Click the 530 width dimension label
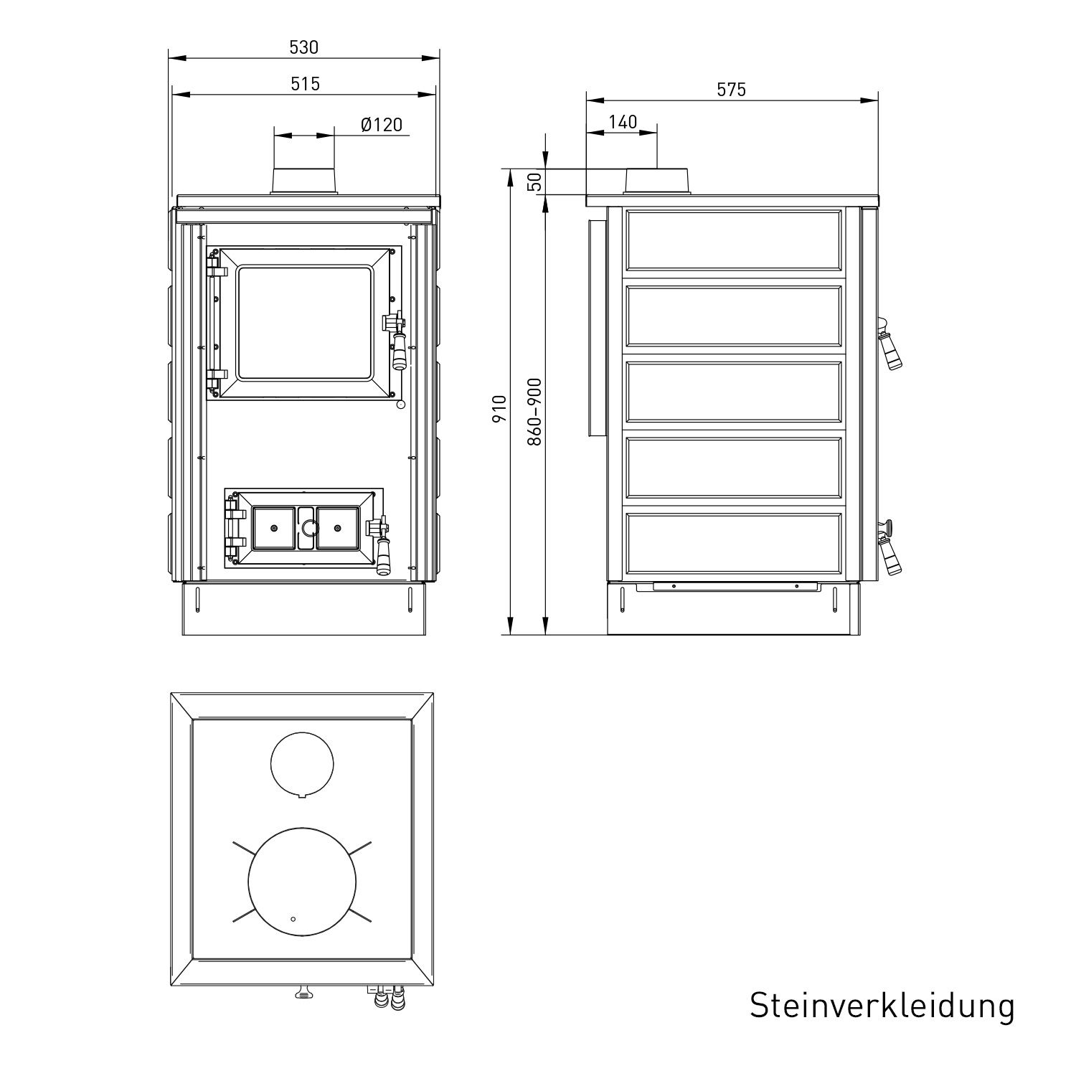(303, 47)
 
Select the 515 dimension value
(305, 84)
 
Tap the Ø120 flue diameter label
(382, 125)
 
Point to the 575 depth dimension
(732, 89)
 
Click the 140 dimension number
(623, 122)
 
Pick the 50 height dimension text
(534, 181)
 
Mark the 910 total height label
(499, 409)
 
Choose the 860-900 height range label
(534, 412)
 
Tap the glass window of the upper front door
(305, 322)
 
